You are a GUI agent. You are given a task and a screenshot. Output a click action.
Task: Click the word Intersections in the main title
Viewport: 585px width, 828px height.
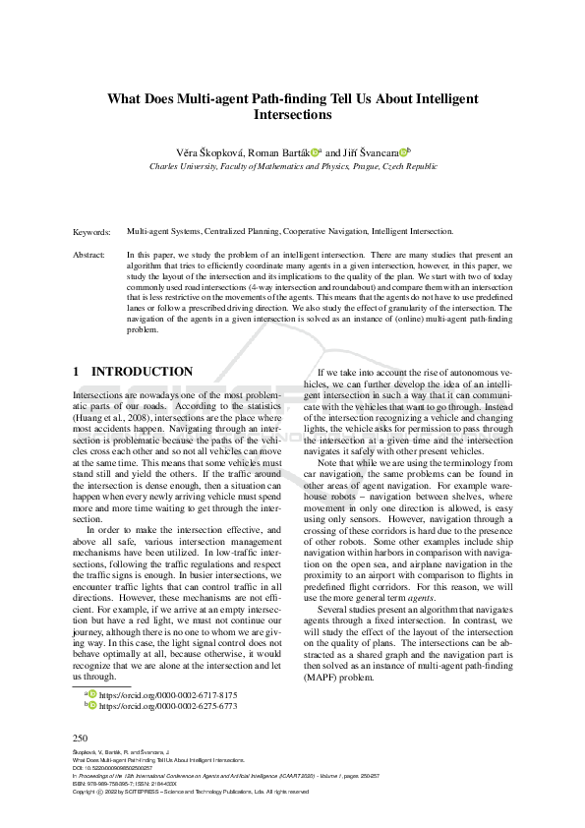(292, 115)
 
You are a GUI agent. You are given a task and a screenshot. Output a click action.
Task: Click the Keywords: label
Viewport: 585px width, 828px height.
(92, 232)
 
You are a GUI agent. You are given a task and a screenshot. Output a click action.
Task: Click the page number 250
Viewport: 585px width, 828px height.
(82, 738)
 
